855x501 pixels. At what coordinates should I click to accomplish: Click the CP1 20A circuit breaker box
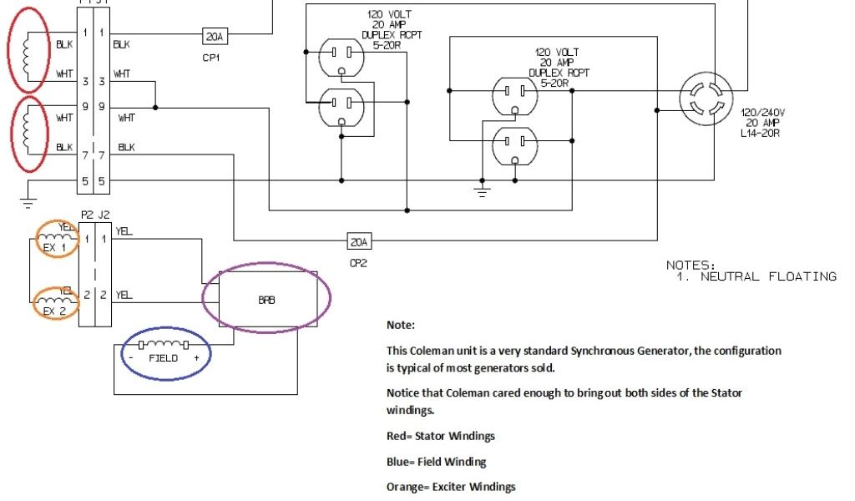point(214,36)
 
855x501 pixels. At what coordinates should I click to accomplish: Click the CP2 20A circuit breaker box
point(359,242)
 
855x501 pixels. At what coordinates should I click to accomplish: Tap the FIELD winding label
point(164,357)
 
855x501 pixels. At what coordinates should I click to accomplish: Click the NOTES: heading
point(691,265)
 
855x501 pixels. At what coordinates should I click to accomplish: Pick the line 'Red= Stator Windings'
point(439,435)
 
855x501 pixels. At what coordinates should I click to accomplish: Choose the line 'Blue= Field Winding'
point(436,461)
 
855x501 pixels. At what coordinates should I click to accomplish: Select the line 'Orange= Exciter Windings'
point(451,487)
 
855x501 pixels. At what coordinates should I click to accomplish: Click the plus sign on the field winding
point(197,357)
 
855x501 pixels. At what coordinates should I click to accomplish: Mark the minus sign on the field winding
point(132,357)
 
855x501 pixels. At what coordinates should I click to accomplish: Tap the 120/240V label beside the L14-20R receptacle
point(761,111)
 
